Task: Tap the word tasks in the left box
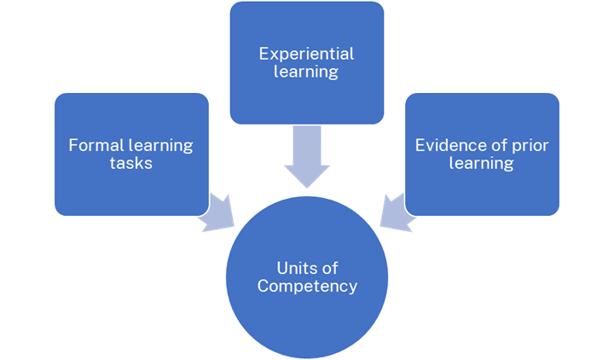131,162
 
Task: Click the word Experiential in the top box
306,54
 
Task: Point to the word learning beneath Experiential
306,71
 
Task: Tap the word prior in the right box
529,145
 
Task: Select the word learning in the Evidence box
482,162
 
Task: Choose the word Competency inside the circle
307,286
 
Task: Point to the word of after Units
329,269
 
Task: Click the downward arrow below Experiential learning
306,154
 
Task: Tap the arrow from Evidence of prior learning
395,213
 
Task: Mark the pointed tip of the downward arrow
306,186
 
